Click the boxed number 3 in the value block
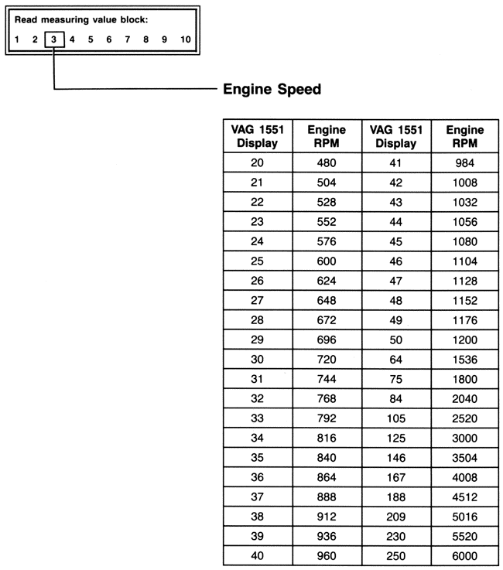(53, 39)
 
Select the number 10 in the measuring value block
(185, 39)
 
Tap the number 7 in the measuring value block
(126, 39)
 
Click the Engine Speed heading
(272, 90)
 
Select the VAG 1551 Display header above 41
(397, 137)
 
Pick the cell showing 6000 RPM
(466, 556)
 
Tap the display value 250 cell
(397, 556)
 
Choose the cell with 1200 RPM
(466, 340)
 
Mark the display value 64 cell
(397, 360)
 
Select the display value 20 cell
(258, 162)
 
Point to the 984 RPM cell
(466, 162)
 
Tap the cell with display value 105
(397, 418)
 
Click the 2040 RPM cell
(466, 399)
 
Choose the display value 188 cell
(397, 517)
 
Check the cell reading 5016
(466, 536)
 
